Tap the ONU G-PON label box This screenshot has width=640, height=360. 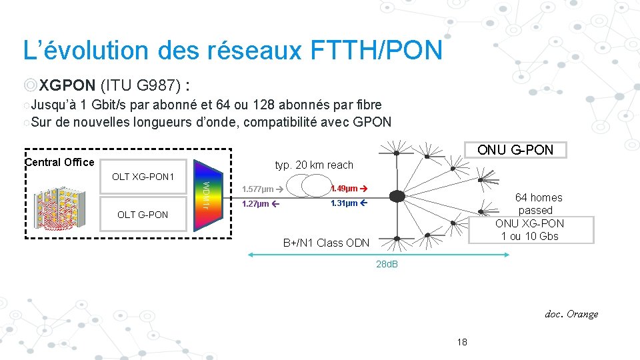[515, 150]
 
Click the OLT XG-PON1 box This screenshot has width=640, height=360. [143, 177]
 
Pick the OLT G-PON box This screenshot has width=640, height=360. [143, 214]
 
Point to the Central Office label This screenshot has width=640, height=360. [59, 162]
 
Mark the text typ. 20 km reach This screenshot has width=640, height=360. [314, 165]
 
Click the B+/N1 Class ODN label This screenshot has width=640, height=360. [326, 243]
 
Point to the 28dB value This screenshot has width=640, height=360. [387, 265]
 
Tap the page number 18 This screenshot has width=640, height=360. [463, 342]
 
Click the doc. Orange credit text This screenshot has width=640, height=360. [571, 314]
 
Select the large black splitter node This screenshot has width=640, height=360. [397, 196]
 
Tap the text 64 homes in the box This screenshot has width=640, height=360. [539, 197]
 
